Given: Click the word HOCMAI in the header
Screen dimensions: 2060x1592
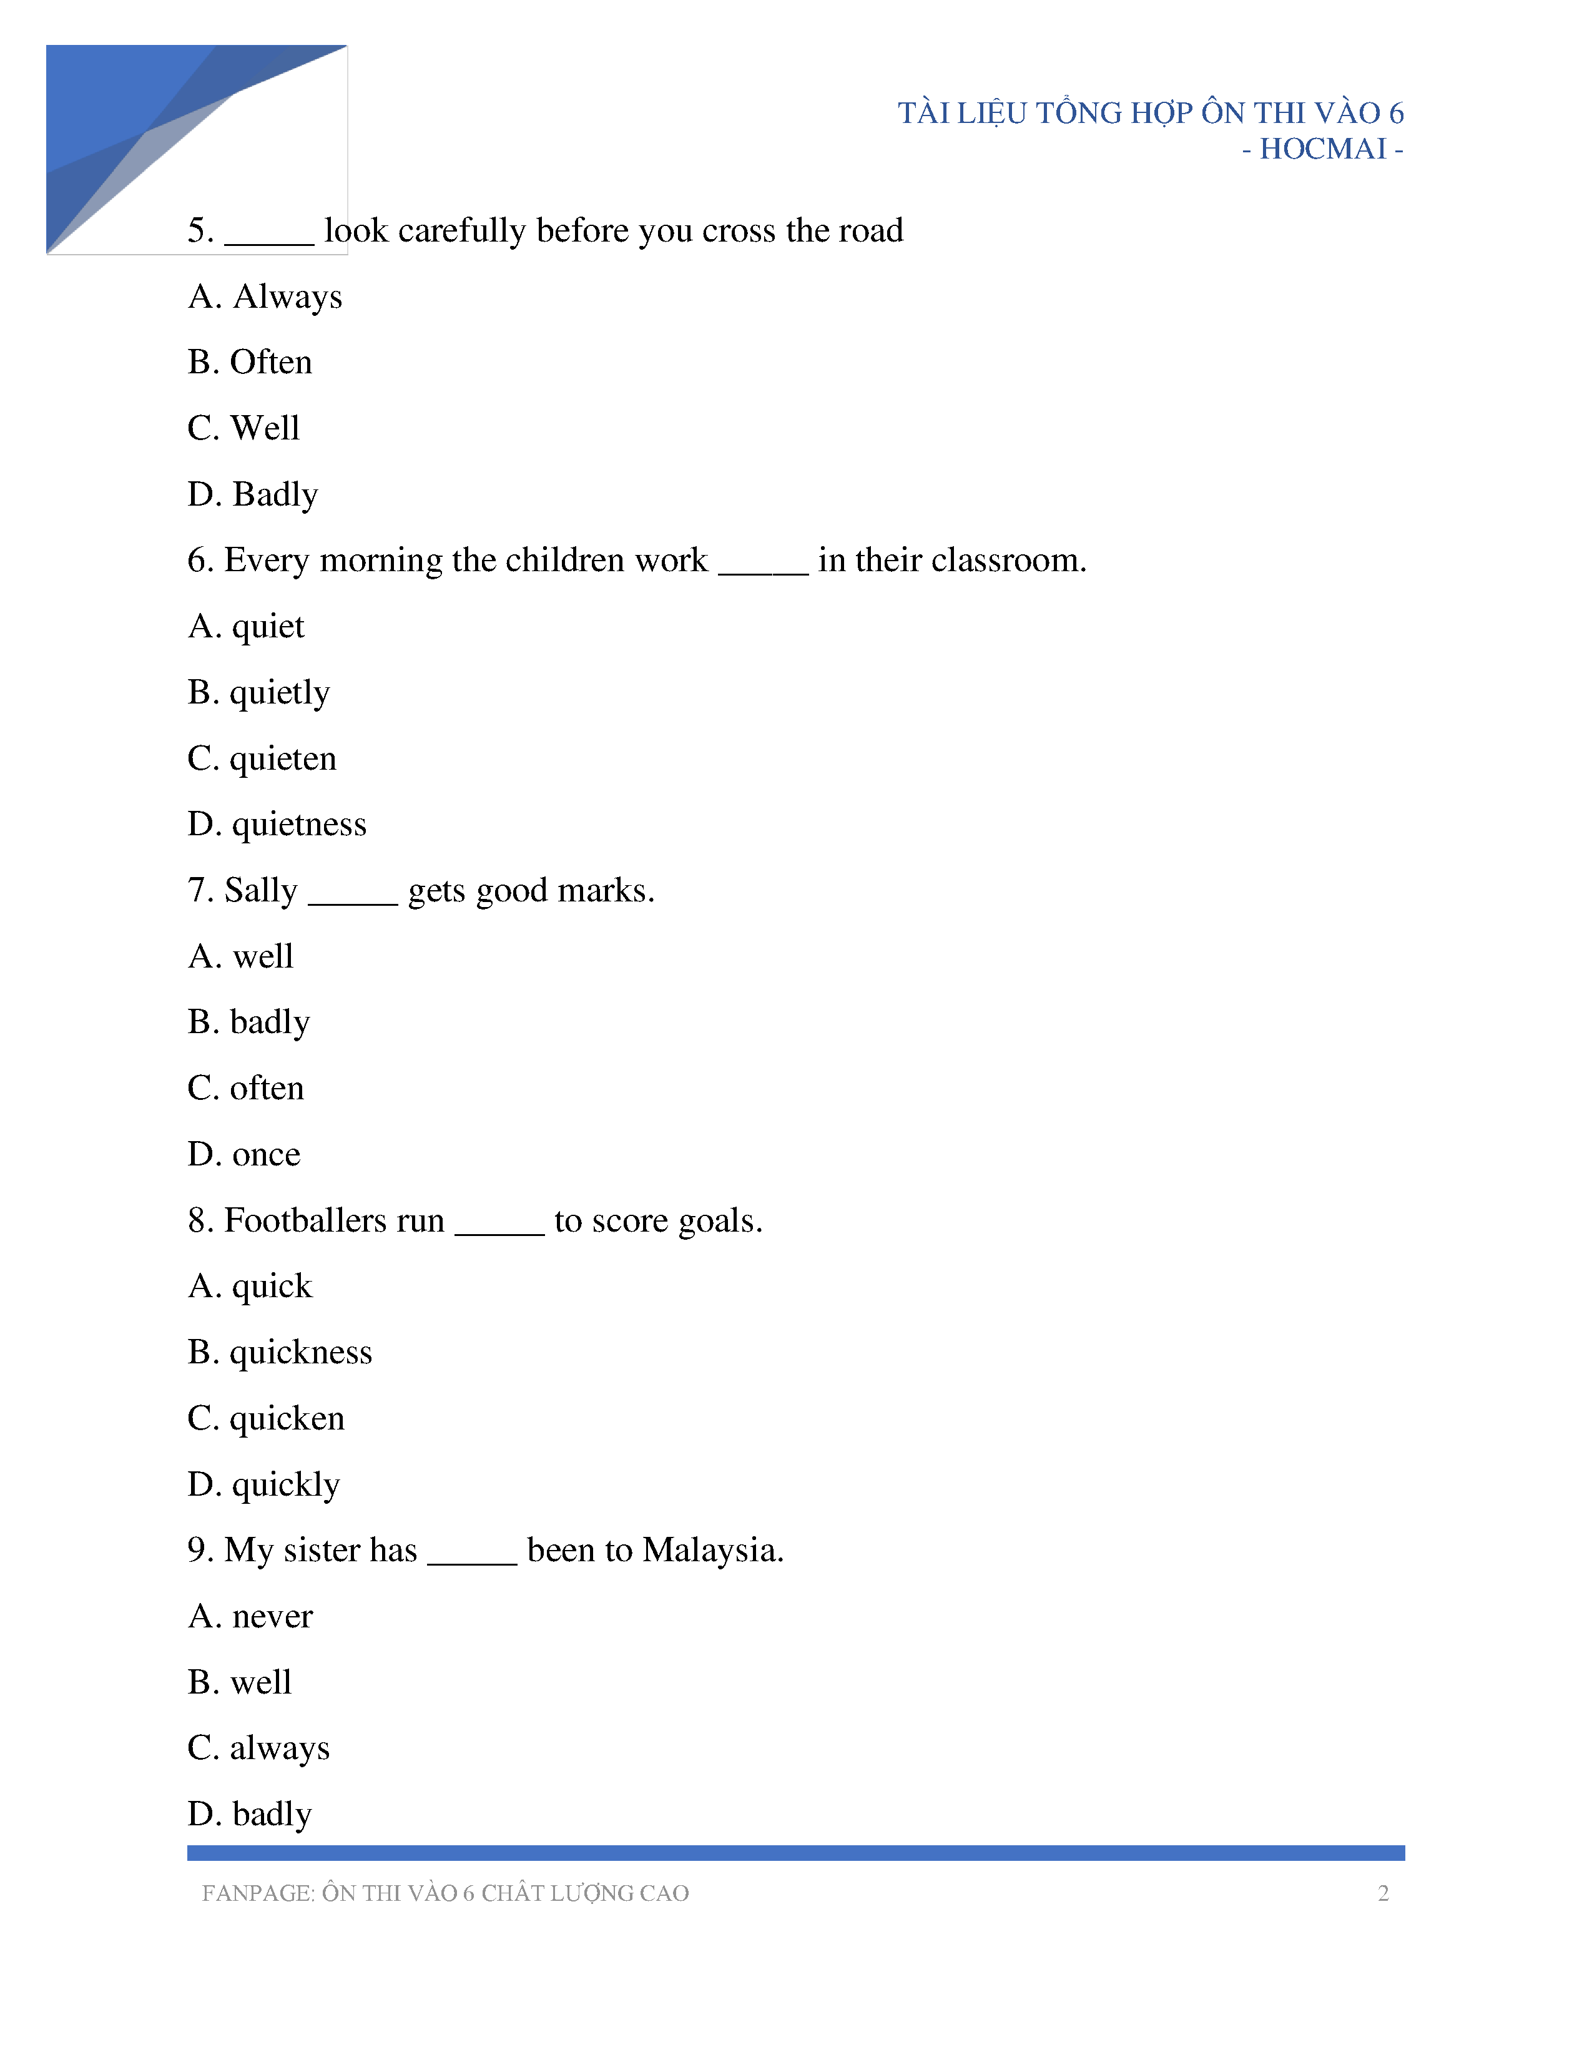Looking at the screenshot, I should point(1322,149).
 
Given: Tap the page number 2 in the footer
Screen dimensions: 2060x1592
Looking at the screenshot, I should point(1383,1893).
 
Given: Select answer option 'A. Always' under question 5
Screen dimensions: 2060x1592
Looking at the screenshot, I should point(265,297).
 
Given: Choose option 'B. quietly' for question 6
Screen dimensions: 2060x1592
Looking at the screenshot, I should point(258,694).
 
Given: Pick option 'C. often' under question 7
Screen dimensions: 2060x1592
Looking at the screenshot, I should point(245,1089).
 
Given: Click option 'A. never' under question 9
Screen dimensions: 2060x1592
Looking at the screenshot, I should point(250,1617).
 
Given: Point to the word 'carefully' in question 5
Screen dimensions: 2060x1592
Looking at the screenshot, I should point(461,231).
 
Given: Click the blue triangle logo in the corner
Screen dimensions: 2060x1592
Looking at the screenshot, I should point(142,132).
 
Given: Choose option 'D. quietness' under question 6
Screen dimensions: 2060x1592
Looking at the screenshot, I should point(277,825).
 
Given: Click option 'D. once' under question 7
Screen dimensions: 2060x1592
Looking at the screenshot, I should point(243,1154).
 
